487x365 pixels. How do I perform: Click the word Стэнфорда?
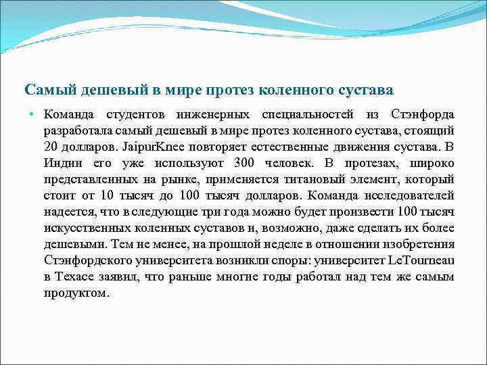coord(423,114)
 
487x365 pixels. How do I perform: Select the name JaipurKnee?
coord(149,147)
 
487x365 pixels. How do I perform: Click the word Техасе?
coord(78,276)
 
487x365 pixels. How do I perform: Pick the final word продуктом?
coord(76,293)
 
